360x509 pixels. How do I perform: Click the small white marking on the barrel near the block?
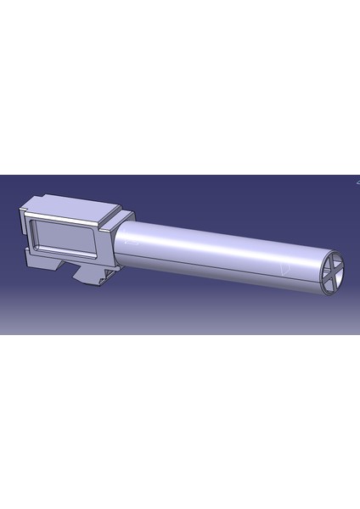pos(129,242)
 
